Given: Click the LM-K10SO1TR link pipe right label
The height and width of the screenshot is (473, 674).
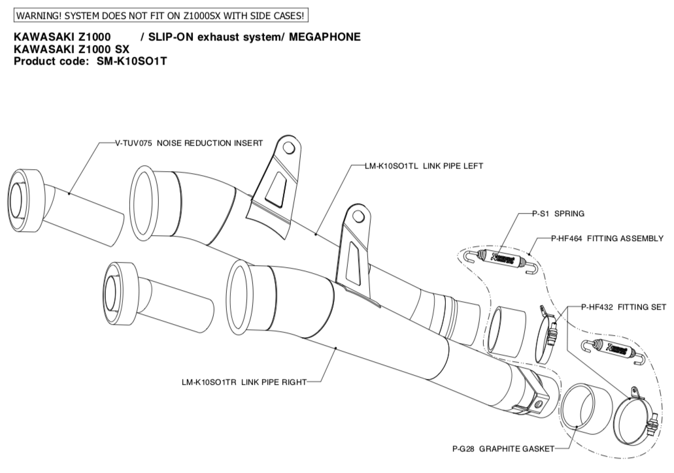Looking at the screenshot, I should point(243,382).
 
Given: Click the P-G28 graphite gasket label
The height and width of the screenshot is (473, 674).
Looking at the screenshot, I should point(503,449).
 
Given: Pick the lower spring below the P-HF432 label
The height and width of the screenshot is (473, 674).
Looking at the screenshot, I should point(610,350).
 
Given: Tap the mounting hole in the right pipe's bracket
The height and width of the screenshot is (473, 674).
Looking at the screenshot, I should point(357,215).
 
